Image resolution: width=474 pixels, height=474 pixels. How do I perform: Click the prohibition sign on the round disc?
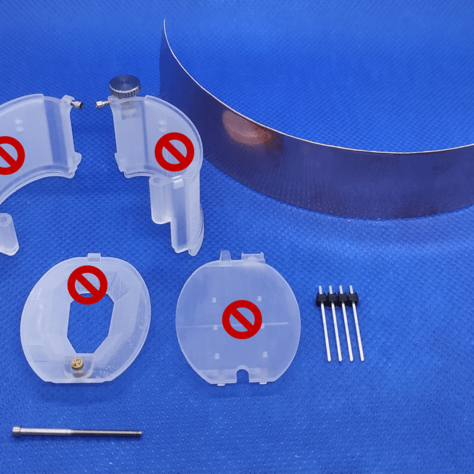click(x=242, y=319)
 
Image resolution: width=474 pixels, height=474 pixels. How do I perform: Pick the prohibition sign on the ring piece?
click(x=87, y=285)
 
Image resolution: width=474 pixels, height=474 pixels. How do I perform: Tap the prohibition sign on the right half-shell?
click(x=174, y=152)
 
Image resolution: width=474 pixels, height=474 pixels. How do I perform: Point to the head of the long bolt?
click(x=18, y=431)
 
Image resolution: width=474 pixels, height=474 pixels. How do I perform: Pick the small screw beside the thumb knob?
click(x=103, y=105)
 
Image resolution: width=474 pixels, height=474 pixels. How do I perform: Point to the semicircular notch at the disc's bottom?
click(x=242, y=375)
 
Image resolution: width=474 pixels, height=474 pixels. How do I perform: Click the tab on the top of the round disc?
click(x=225, y=256)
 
